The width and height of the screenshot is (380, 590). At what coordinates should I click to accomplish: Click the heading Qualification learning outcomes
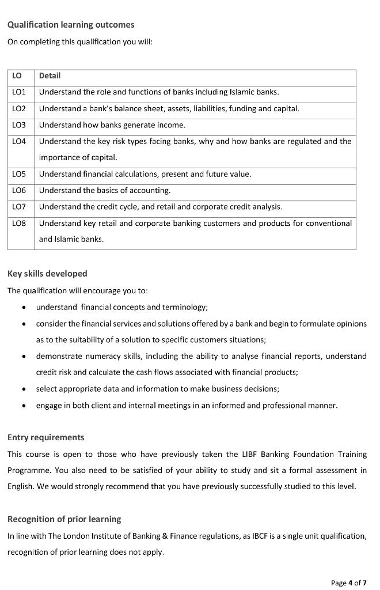(71, 25)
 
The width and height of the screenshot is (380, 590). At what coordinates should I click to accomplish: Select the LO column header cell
(17, 76)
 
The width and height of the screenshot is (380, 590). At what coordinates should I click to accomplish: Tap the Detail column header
(50, 76)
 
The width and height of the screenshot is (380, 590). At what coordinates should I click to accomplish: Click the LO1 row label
(19, 92)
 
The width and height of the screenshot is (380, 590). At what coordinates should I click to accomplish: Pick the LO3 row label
(19, 125)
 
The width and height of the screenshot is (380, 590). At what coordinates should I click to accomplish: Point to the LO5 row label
(19, 174)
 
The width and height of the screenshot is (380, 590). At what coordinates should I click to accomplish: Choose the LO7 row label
(19, 207)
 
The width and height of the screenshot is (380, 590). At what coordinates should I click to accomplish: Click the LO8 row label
(19, 223)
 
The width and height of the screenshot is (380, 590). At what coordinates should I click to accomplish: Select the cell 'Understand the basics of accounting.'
(105, 191)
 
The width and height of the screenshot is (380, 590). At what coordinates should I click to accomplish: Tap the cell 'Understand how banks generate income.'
(112, 125)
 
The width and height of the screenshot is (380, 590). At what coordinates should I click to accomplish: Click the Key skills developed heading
(47, 274)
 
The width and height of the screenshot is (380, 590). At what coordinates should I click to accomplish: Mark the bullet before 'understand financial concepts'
(24, 308)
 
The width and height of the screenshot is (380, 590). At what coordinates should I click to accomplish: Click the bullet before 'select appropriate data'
(24, 389)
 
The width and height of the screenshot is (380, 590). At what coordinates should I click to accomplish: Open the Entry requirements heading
(46, 437)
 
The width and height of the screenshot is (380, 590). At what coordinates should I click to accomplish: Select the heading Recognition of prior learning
(64, 519)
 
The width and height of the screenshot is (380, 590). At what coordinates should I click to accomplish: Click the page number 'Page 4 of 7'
(348, 583)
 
